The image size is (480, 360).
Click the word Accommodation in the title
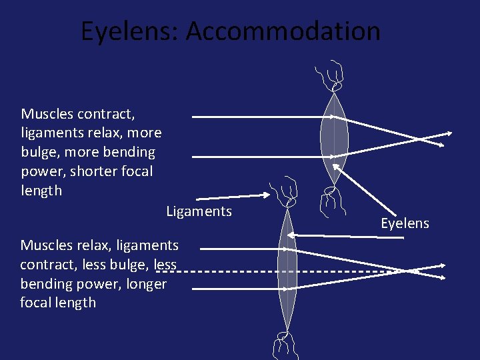click(x=283, y=31)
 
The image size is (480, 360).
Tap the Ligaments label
click(x=199, y=212)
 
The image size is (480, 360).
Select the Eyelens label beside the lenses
click(x=405, y=223)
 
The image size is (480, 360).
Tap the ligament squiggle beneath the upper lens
click(x=331, y=201)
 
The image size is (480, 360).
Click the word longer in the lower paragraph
click(x=145, y=284)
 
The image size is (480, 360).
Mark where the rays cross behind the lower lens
click(x=405, y=270)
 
